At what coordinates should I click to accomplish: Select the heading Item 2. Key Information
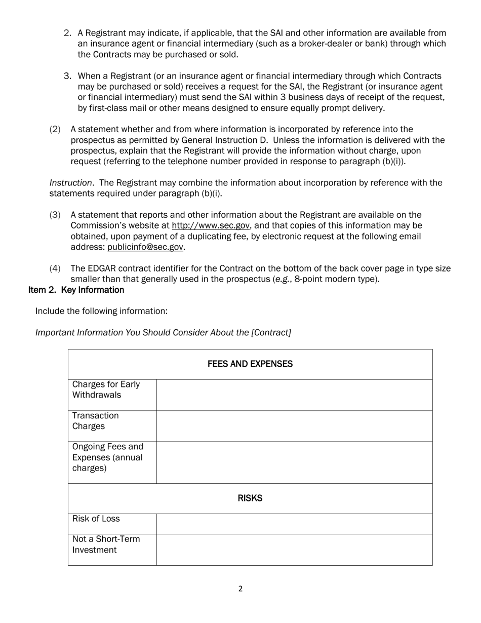[x=76, y=290]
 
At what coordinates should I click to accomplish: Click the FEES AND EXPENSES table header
[x=250, y=364]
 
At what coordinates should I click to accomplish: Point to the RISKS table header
[x=250, y=498]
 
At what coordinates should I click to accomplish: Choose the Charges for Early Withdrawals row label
[x=106, y=390]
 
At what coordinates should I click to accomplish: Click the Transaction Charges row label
[x=96, y=421]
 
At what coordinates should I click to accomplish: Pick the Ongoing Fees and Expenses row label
[x=108, y=457]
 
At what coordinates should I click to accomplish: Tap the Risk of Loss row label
[x=96, y=519]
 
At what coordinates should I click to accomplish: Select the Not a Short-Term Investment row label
[x=106, y=544]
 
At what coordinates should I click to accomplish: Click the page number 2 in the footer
[x=240, y=589]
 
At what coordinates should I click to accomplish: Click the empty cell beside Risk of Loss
[x=294, y=524]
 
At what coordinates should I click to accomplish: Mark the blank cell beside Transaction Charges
[x=294, y=426]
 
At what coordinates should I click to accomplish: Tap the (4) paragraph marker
[x=55, y=268]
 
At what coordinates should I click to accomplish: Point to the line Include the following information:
[x=101, y=311]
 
